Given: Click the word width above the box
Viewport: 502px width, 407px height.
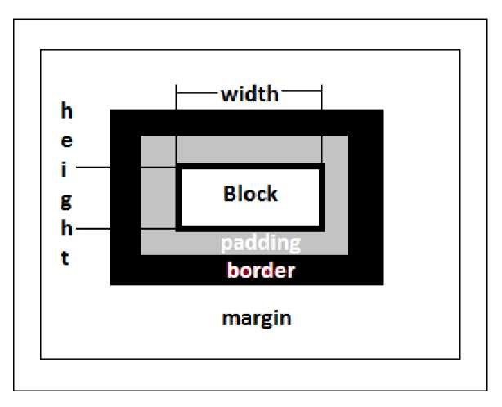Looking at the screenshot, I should pos(249,94).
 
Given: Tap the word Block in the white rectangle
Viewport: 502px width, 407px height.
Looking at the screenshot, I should pos(250,195).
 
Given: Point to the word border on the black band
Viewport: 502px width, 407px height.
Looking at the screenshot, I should pos(261,271).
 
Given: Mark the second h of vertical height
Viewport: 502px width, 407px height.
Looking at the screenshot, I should pos(68,229).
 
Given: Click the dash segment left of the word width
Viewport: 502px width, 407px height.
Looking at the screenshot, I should pos(197,93).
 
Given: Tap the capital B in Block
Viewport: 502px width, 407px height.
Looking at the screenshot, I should pos(230,195).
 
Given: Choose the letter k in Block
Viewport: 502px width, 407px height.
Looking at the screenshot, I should pos(272,195).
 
